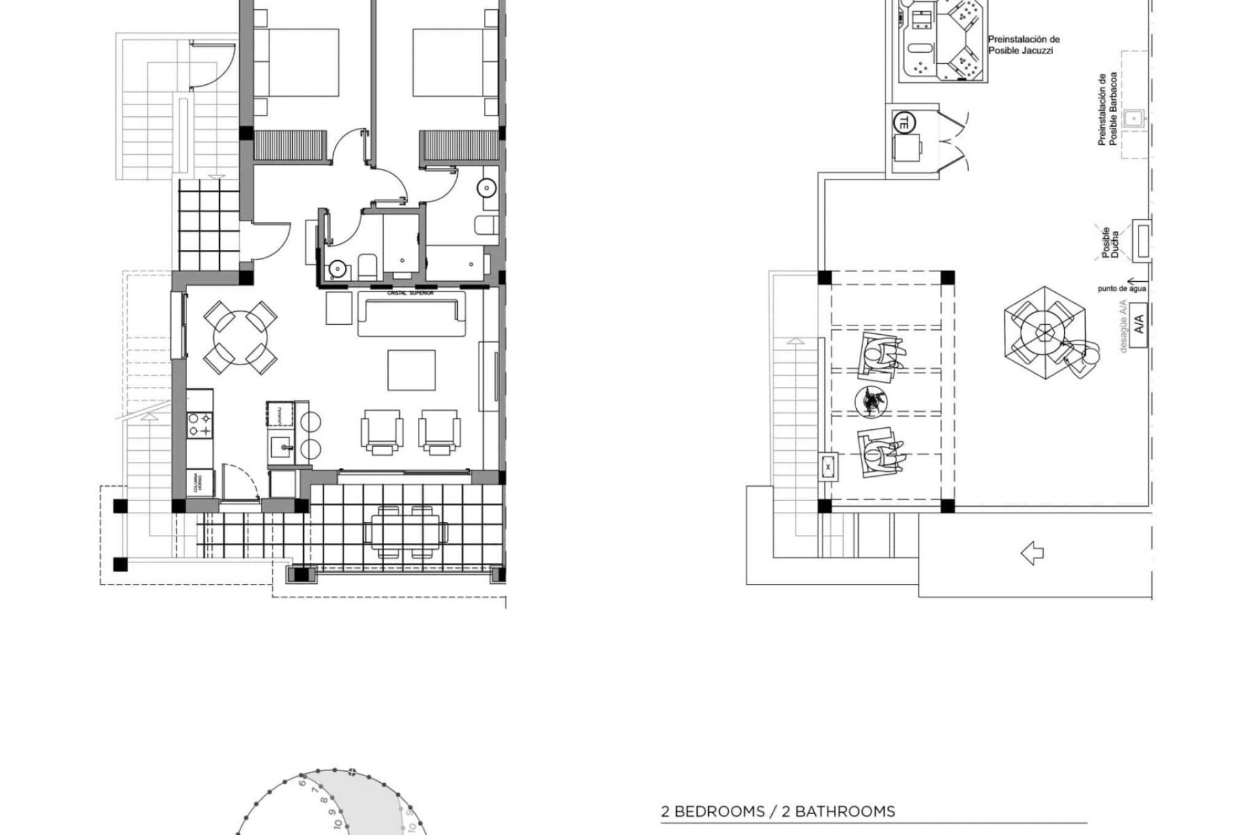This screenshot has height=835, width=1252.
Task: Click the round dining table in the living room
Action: [x=240, y=337]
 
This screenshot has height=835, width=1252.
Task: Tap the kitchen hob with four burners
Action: [x=200, y=425]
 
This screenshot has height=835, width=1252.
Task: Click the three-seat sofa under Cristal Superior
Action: [x=411, y=314]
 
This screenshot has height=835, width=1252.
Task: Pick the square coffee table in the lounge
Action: [x=411, y=369]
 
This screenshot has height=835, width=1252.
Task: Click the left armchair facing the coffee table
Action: [x=381, y=431]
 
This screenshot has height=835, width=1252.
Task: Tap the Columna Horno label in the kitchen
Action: [x=200, y=483]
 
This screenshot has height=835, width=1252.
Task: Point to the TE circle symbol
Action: [x=904, y=121]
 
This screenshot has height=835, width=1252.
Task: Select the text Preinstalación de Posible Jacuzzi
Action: [x=1024, y=44]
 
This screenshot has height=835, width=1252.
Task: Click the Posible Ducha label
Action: [x=1110, y=243]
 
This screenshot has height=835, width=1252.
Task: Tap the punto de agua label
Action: [x=1122, y=288]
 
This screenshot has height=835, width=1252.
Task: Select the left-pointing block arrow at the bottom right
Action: [x=1032, y=554]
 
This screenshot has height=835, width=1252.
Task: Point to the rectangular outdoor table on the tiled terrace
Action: [x=406, y=532]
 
